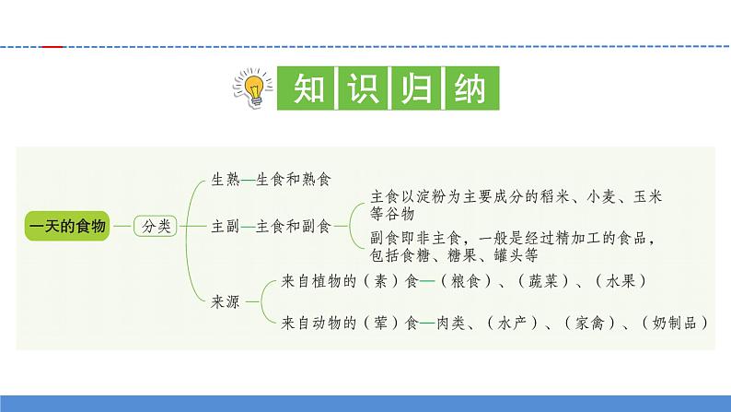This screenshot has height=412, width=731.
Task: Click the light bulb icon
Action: pos(251,89)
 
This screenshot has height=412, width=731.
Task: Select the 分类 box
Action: pos(154,225)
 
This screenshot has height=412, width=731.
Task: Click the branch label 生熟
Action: pos(226,179)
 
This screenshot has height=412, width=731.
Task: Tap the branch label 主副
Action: pos(226,225)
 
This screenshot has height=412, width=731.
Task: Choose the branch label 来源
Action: pos(226,302)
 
